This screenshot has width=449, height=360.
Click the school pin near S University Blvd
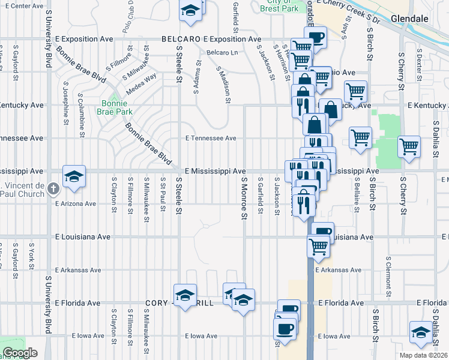[x=74, y=176]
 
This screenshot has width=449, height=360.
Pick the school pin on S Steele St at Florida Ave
[x=185, y=295]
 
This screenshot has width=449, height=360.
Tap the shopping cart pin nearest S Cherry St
[x=409, y=146]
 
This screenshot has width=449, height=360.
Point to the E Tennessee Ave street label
[x=211, y=138]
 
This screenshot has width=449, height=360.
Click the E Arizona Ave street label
[x=76, y=204]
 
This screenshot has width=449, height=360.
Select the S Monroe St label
[x=244, y=197]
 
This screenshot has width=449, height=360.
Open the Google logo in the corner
[x=20, y=353]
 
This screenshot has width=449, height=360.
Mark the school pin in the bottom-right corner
[x=421, y=332]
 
